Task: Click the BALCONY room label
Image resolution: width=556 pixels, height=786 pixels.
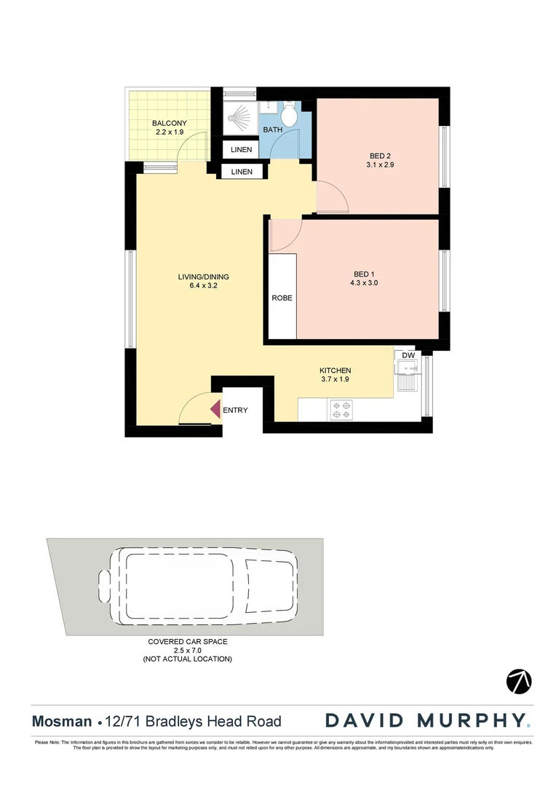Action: (x=170, y=124)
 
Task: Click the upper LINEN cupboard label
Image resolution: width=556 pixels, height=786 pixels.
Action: (x=242, y=150)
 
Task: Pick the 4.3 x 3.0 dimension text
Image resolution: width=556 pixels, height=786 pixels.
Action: (x=364, y=284)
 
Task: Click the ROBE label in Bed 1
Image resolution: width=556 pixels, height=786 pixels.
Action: (x=282, y=298)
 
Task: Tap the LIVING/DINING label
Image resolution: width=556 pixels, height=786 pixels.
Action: (x=203, y=277)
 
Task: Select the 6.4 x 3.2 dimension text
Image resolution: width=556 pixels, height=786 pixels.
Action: (x=203, y=286)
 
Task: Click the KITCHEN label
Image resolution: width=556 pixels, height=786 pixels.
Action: (x=335, y=370)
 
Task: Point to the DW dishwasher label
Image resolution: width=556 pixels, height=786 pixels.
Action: (x=408, y=355)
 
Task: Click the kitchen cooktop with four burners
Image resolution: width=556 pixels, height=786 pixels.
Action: (x=341, y=410)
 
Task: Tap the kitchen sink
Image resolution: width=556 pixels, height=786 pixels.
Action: (x=407, y=380)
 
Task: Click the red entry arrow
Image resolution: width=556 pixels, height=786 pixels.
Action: (x=215, y=410)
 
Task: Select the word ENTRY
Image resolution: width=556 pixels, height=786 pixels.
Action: (x=235, y=410)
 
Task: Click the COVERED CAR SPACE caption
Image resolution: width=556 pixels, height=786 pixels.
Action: (x=188, y=642)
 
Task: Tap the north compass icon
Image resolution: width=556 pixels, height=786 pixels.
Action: (x=519, y=681)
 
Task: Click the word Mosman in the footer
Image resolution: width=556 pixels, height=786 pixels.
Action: (x=61, y=722)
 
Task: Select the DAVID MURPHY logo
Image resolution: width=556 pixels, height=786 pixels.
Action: (x=427, y=720)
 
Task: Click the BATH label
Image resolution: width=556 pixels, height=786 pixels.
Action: (x=273, y=130)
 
